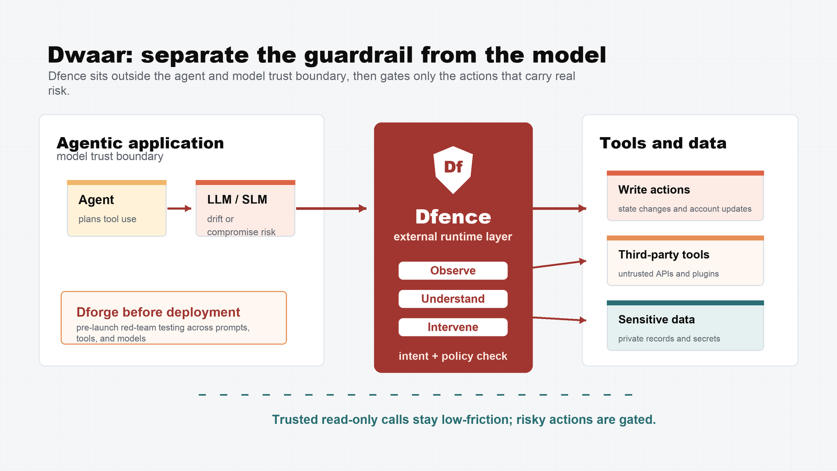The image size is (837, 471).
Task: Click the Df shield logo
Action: [453, 170]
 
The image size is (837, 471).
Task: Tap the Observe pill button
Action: [453, 271]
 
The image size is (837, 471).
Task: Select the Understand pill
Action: [453, 299]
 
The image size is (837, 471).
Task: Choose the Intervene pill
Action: [453, 327]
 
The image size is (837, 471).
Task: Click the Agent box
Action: [117, 208]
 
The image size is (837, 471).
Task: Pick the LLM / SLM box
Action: [245, 208]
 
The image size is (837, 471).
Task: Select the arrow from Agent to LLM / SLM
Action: [179, 209]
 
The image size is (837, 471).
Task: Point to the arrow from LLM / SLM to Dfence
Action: [331, 209]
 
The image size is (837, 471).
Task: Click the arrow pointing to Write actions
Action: [559, 209]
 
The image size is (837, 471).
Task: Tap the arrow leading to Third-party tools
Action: [559, 264]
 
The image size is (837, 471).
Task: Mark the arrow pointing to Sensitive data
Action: [559, 319]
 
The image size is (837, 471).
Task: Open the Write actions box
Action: [685, 196]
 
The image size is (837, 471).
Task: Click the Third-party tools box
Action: [685, 261]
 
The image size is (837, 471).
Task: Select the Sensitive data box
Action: [685, 326]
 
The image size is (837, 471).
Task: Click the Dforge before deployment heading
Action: [158, 312]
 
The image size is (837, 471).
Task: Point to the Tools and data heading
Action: [663, 143]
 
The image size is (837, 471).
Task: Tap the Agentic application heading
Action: [140, 143]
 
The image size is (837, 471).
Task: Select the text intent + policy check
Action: [453, 356]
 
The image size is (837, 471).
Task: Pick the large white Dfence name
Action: [453, 217]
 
